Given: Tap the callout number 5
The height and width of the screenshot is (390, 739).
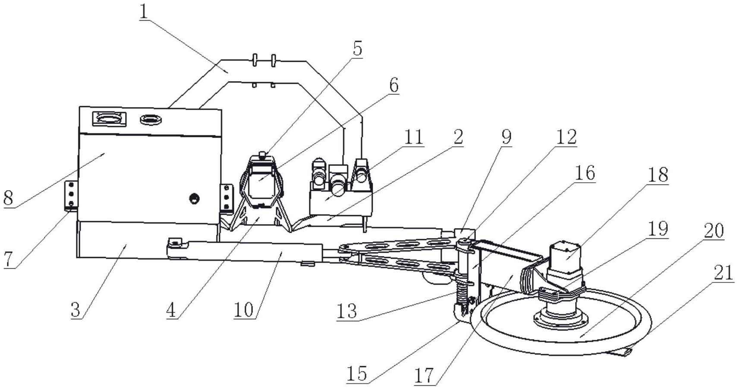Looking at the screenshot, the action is pyautogui.click(x=357, y=48).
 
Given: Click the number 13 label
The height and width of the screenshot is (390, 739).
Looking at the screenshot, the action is pyautogui.click(x=347, y=311).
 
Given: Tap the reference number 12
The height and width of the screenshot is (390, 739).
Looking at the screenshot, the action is pyautogui.click(x=566, y=137).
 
